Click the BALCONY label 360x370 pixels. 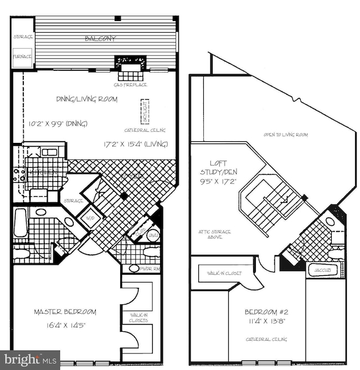[x=100, y=39]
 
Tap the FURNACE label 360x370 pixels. [x=23, y=56]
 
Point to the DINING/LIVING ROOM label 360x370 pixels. [x=84, y=99]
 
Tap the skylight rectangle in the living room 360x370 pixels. [x=146, y=112]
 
